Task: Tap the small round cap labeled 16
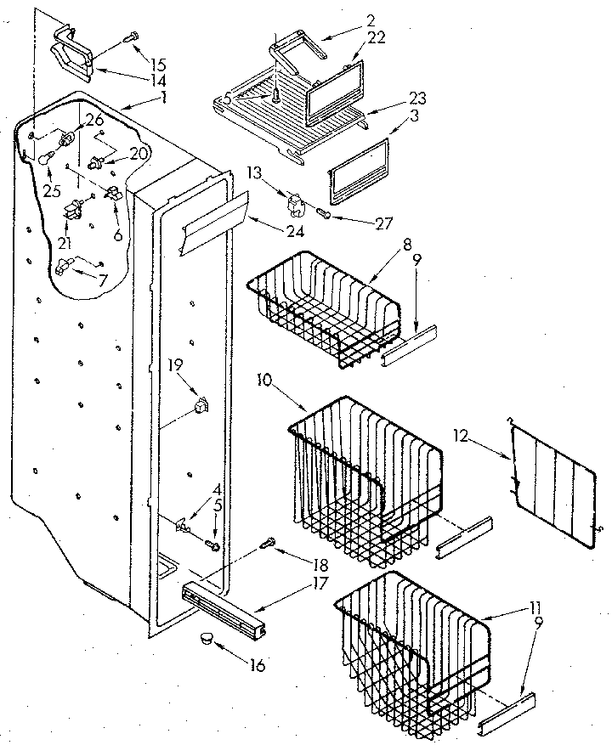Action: pos(207,638)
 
